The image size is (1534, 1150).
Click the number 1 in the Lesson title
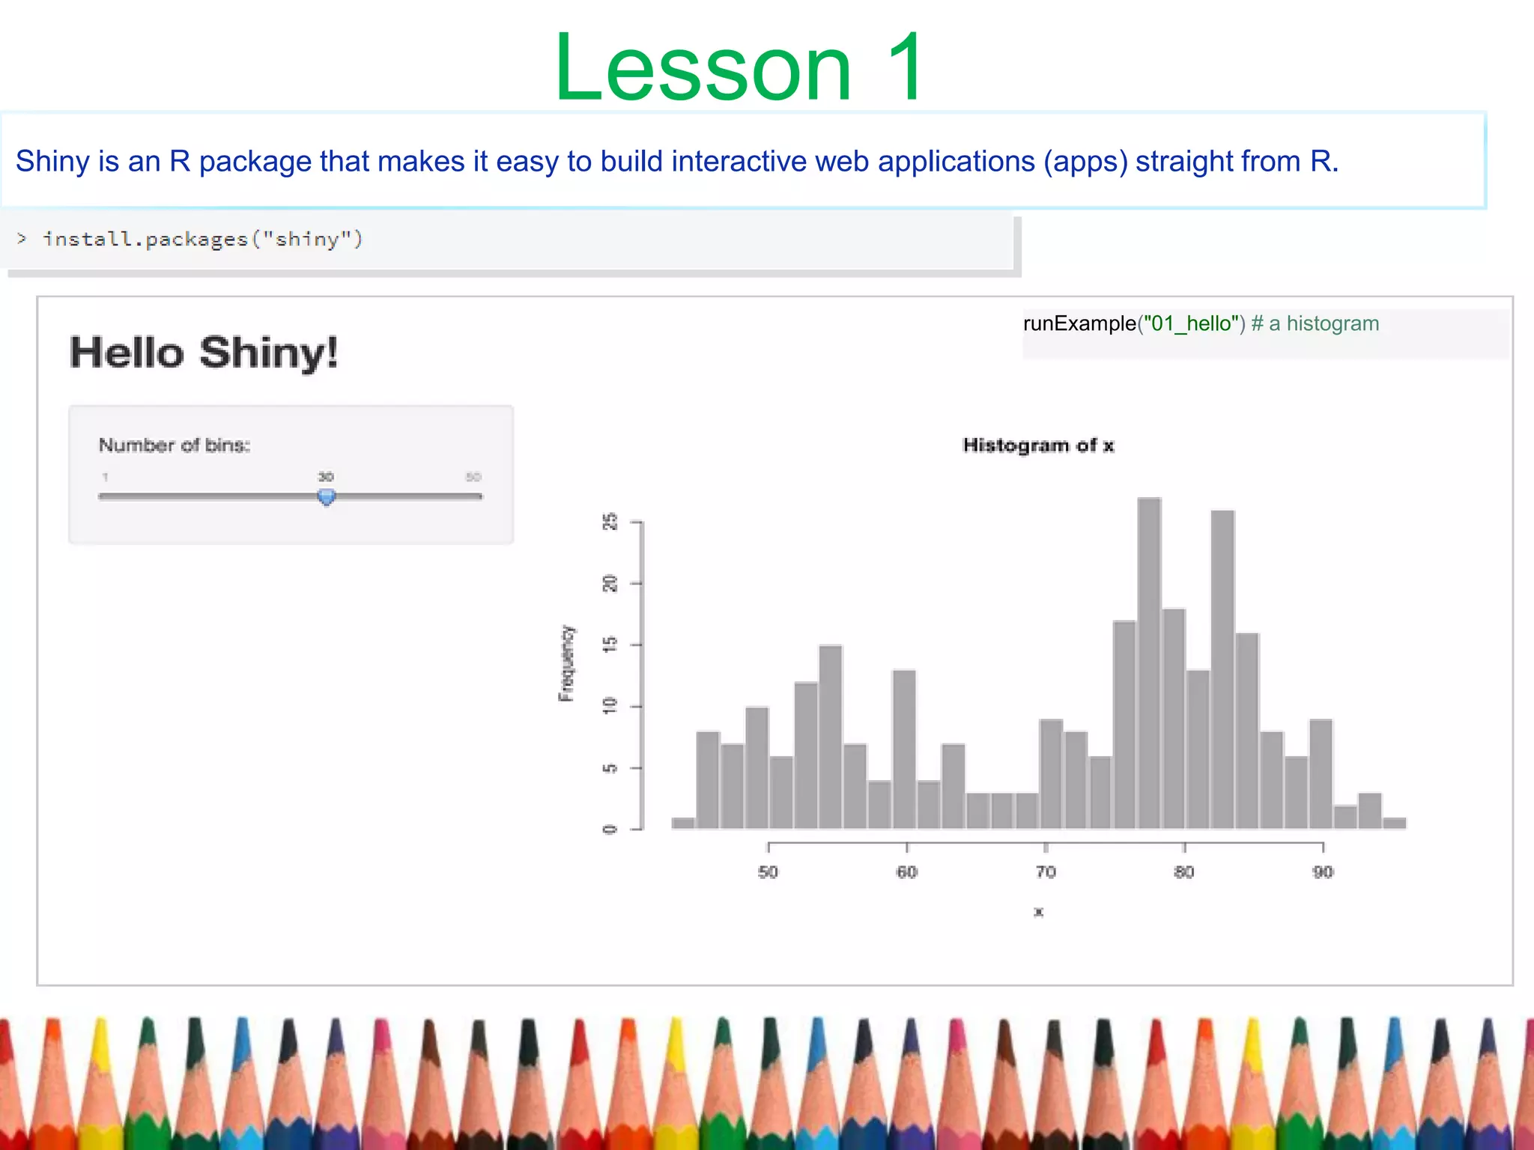(904, 69)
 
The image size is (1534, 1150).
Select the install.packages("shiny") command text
(203, 240)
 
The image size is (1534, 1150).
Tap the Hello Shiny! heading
(204, 353)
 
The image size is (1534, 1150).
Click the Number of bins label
(175, 445)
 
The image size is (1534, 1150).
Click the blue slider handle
(326, 496)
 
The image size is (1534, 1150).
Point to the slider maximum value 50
(473, 477)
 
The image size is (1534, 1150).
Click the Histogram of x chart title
(1038, 445)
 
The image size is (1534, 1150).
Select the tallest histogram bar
(1149, 663)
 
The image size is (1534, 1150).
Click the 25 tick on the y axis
(611, 521)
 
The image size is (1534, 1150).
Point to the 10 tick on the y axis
(611, 705)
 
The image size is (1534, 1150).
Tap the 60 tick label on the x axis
(906, 872)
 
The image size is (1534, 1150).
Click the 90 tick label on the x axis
(1323, 872)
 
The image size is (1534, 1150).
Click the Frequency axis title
(567, 663)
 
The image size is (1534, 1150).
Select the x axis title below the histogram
(1038, 912)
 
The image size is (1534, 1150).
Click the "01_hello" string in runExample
(1191, 323)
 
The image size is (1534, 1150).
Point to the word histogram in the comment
(1333, 323)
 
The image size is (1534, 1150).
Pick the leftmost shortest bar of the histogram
(683, 823)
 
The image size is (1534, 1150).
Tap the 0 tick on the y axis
(611, 829)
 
